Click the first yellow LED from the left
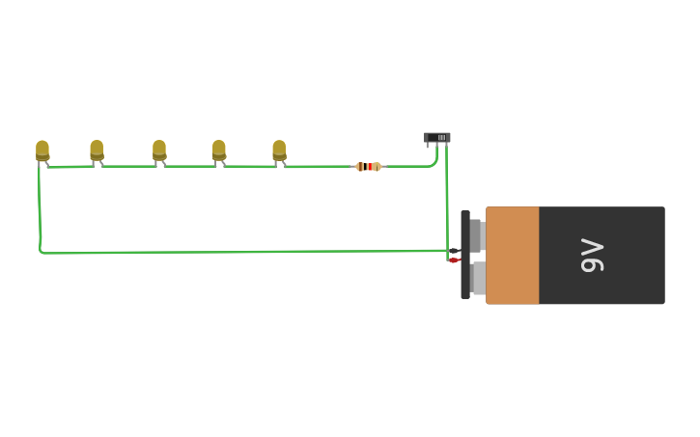coord(42,150)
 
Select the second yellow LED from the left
coord(97,150)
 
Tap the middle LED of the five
coord(159,150)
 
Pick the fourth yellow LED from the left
coord(219,150)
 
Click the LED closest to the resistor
coord(279,150)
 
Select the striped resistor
coord(368,167)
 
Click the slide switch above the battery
coord(437,138)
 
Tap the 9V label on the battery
coord(592,256)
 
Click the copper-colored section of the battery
coord(512,256)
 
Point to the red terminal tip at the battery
coord(453,260)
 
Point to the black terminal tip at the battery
coord(454,251)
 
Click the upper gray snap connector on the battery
coord(475,234)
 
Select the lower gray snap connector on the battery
coord(477,279)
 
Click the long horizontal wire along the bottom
coord(241,252)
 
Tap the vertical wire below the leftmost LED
coord(40,207)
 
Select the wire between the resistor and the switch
coord(406,166)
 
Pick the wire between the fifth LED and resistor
coord(319,167)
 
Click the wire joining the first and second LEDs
coord(70,167)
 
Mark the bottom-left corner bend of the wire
coord(42,252)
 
